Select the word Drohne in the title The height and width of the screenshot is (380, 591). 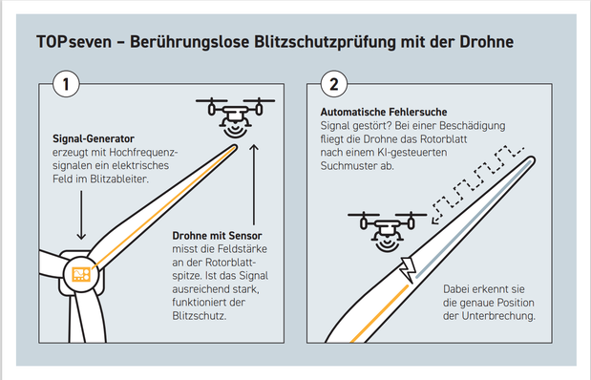click(x=485, y=44)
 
